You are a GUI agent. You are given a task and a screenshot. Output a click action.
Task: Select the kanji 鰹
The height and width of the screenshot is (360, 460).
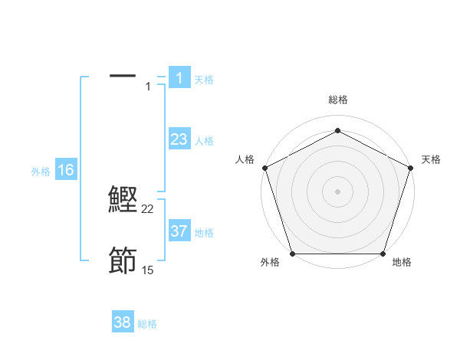[123, 199]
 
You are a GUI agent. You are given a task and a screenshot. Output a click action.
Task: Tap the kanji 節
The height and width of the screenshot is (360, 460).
[123, 261]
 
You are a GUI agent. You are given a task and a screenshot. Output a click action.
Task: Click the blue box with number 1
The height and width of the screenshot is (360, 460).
[179, 77]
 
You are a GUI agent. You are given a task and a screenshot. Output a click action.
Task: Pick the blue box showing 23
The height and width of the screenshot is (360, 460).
[179, 139]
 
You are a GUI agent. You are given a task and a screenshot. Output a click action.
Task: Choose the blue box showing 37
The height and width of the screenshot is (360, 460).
[179, 231]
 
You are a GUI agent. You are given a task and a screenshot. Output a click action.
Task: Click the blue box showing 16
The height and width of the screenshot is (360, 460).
[66, 170]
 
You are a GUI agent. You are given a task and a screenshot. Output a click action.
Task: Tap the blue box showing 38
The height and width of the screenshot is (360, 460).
[123, 322]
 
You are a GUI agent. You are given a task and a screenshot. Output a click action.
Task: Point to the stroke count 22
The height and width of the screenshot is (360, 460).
[148, 209]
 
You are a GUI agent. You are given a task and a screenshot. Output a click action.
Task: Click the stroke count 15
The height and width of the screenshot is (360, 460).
[148, 270]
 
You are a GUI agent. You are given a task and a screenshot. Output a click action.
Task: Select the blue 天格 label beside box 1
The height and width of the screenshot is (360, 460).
[204, 80]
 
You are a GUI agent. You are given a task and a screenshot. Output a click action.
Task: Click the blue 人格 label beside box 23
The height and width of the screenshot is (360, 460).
[204, 141]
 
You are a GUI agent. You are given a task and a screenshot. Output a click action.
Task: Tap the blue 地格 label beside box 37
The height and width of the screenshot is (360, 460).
[204, 233]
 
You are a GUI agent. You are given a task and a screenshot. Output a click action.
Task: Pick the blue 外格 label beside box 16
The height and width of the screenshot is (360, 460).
[41, 172]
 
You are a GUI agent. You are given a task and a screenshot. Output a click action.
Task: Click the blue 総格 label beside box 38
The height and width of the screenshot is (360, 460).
[147, 324]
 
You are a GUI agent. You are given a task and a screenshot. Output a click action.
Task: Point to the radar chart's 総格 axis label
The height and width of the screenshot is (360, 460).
[337, 100]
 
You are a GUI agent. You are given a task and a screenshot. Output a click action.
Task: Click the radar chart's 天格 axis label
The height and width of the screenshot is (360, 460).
[431, 159]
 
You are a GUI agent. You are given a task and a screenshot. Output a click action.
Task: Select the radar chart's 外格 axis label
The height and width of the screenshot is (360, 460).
[270, 262]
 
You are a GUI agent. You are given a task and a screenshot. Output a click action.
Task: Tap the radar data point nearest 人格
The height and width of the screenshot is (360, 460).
[264, 167]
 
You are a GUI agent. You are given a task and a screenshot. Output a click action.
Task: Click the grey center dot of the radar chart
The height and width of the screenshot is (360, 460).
[337, 191]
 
